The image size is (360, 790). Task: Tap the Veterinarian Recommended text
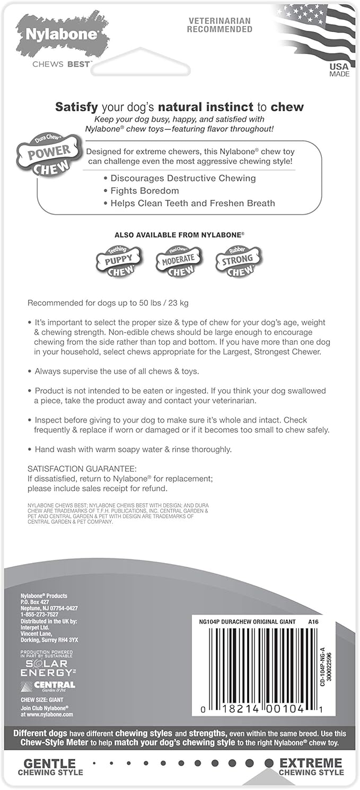pos(219,25)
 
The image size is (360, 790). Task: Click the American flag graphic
pos(313,29)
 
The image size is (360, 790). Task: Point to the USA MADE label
pos(339,70)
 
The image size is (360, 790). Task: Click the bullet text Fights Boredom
pos(144,191)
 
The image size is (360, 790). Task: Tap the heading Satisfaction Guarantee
pos(82,469)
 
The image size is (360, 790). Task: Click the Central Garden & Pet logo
pos(48,686)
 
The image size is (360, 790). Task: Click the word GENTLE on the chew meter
pos(50,763)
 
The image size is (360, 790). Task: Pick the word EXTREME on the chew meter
pos(311,763)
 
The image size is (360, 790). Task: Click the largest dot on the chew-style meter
pos(269,763)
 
